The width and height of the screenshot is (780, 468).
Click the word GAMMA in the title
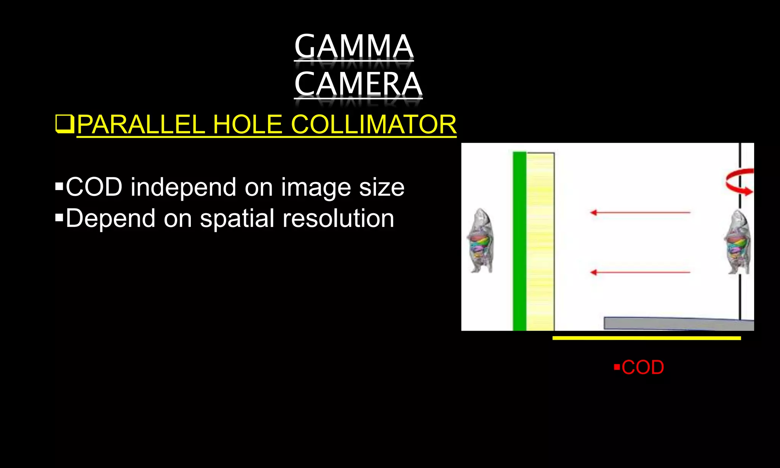353,46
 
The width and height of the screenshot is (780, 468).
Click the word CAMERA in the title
358,84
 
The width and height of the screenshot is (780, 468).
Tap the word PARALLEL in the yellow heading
141,125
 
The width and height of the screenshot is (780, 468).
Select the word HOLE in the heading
248,125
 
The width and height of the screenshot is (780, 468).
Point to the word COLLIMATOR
373,125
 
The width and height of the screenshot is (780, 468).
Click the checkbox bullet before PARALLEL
64,124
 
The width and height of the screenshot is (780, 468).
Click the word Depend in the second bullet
110,218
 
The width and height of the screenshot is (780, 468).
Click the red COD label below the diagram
643,367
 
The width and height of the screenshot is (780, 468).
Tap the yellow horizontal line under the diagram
646,338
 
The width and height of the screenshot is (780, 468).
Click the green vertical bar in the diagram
519,241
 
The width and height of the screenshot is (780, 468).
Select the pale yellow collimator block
540,241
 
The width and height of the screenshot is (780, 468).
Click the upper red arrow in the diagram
640,212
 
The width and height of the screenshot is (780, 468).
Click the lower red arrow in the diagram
640,272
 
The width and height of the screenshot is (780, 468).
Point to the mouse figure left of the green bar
480,241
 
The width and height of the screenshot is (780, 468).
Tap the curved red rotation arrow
740,182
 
